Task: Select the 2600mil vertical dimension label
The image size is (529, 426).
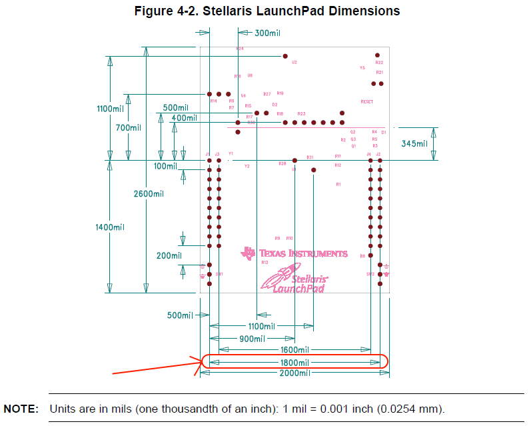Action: [149, 194]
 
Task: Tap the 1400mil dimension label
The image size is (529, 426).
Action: [111, 227]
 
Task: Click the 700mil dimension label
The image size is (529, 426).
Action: [128, 128]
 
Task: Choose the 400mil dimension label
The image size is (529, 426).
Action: [184, 118]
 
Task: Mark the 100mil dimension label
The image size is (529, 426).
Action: [165, 166]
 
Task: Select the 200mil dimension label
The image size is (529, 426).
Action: [169, 255]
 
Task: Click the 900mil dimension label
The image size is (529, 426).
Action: [253, 339]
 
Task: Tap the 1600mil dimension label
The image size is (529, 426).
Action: [294, 349]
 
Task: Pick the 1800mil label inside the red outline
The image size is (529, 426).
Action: [294, 362]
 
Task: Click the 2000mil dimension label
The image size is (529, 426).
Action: [294, 373]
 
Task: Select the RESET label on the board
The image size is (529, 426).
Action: [366, 102]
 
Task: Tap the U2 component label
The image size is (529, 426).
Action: [294, 62]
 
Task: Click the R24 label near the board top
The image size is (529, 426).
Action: [240, 49]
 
